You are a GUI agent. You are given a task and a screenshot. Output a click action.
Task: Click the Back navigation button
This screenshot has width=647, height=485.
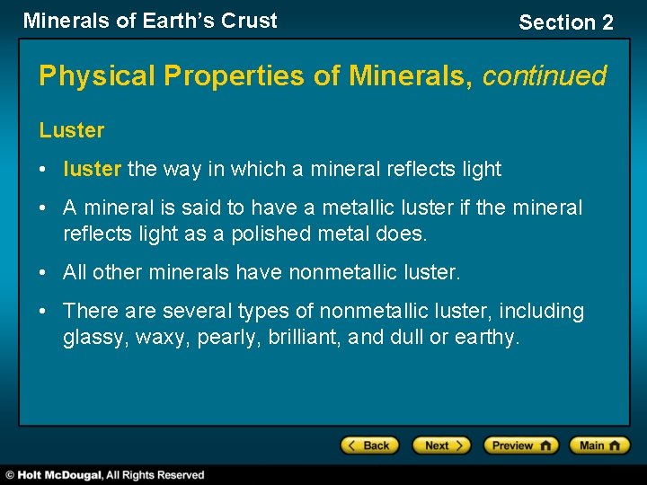(368, 445)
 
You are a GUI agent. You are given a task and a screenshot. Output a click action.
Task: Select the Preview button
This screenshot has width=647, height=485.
(520, 445)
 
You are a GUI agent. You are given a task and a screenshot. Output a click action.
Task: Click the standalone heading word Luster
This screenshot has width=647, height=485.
(72, 130)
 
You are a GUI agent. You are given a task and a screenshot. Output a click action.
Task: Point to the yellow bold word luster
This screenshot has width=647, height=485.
(93, 169)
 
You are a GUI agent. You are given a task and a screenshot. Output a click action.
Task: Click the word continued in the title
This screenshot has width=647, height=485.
(545, 75)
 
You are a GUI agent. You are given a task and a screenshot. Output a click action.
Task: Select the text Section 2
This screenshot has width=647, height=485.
(566, 22)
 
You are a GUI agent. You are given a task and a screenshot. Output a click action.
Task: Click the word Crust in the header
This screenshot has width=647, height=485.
(251, 21)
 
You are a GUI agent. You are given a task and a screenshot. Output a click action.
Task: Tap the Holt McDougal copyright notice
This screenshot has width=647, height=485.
(105, 474)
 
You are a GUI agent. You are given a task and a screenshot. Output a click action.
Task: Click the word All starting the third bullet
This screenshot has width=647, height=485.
(75, 272)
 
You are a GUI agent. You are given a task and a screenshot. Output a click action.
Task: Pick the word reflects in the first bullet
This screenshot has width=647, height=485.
(419, 169)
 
